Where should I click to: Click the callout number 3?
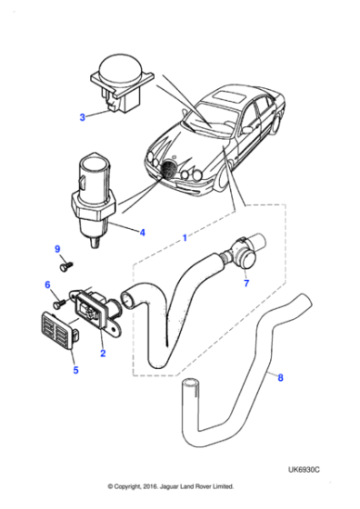[x=81, y=117]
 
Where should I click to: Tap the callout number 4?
[x=141, y=232]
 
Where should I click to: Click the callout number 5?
[x=75, y=370]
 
